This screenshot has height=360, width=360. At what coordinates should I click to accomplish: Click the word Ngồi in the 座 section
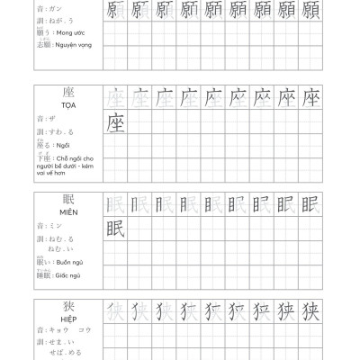point(61,144)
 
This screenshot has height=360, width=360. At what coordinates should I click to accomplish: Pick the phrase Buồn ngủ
point(65,262)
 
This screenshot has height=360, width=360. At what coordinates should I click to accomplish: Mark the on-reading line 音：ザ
point(46,117)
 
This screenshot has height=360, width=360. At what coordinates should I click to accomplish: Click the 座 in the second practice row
point(114,121)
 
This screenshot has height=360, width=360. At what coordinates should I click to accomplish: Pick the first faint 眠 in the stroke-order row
point(114,204)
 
